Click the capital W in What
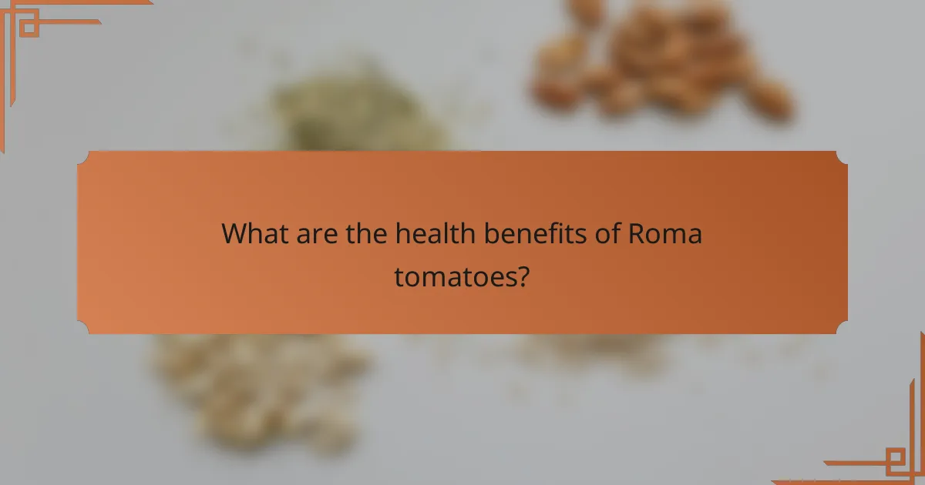234,234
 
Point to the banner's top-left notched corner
83,157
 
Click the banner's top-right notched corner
842,157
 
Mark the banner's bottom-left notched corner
83,328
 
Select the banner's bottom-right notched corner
842,328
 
